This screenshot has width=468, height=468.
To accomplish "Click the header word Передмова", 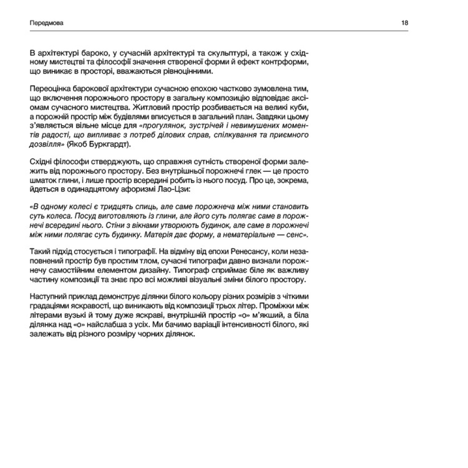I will [x=46, y=22].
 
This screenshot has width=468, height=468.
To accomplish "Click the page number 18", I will [x=405, y=22].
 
